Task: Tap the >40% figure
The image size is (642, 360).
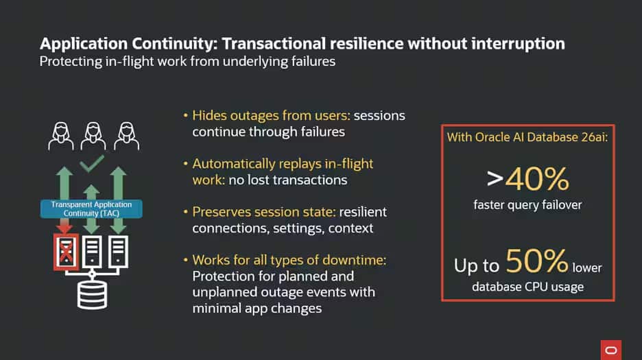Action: [528, 180]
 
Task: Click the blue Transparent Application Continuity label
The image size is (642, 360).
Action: [91, 208]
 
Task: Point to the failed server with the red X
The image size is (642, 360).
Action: [67, 252]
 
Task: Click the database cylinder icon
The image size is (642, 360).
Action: [91, 293]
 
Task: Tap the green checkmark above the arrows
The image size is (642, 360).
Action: [91, 165]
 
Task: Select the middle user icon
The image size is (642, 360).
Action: [93, 135]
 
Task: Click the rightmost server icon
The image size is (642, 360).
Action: [118, 252]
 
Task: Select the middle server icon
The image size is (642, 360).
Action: [91, 252]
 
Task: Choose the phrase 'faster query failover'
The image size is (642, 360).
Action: [528, 204]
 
